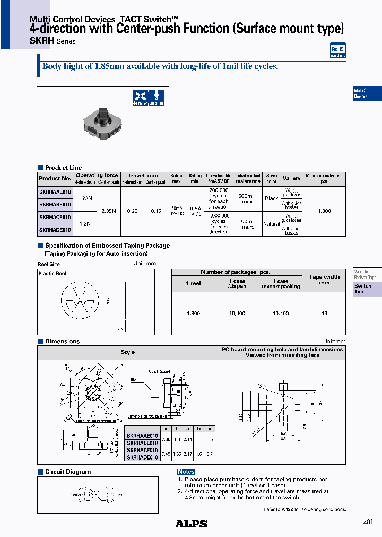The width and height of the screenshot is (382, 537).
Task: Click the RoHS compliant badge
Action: pyautogui.click(x=337, y=51)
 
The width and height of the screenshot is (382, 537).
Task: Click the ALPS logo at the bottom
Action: pyautogui.click(x=191, y=524)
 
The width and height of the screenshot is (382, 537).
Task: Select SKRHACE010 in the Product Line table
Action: pyautogui.click(x=55, y=218)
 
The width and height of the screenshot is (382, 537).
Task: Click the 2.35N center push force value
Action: pyautogui.click(x=108, y=211)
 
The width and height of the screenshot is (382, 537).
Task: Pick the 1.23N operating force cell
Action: pyautogui.click(x=85, y=198)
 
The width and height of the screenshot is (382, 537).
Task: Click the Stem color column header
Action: pyautogui.click(x=271, y=178)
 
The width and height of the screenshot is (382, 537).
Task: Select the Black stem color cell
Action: pyautogui.click(x=271, y=198)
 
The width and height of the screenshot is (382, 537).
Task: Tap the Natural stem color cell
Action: pyautogui.click(x=271, y=223)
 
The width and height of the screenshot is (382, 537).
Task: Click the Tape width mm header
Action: pyautogui.click(x=324, y=280)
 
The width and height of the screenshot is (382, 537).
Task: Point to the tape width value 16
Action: pyautogui.click(x=324, y=314)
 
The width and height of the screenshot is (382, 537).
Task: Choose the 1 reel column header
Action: pyautogui.click(x=194, y=283)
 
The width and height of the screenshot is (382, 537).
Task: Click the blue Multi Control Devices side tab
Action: pyautogui.click(x=367, y=93)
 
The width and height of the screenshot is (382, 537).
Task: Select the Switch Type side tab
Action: pyautogui.click(x=367, y=289)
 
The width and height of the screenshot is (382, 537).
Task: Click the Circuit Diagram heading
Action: pyautogui.click(x=67, y=472)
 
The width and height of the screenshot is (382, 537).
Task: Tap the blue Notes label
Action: pyautogui.click(x=186, y=472)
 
